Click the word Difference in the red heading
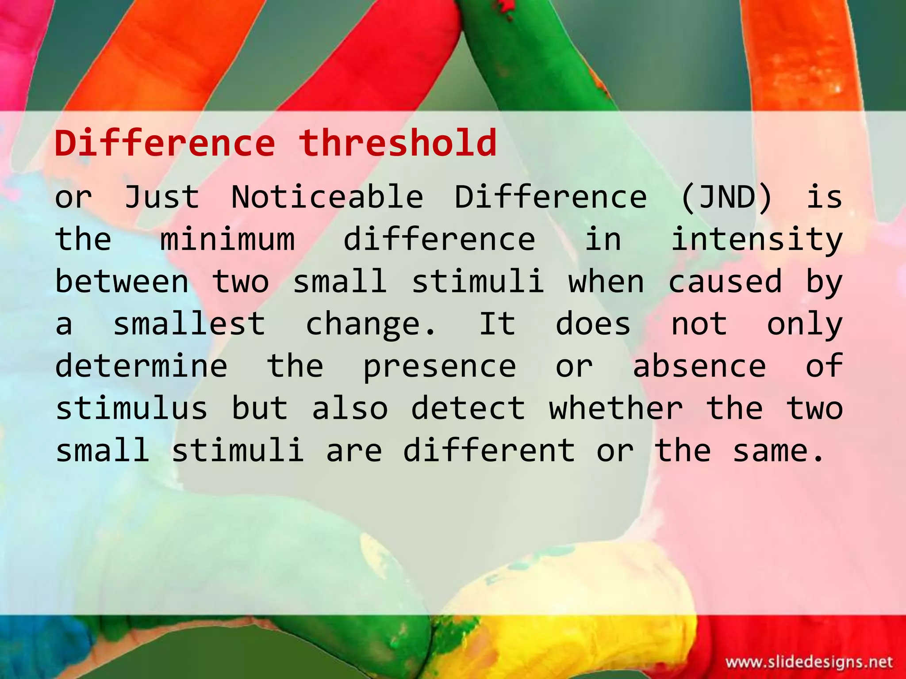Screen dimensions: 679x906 (165, 143)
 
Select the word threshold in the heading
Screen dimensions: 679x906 (397, 143)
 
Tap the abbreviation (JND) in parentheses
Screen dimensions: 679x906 (726, 197)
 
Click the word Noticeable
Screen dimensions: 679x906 (327, 197)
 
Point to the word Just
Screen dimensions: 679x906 (162, 197)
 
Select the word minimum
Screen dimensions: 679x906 (227, 239)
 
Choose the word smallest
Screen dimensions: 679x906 (189, 324)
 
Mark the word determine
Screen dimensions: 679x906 (141, 366)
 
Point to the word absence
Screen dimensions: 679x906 (699, 366)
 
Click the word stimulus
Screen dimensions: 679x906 (131, 408)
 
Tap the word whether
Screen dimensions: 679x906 (616, 408)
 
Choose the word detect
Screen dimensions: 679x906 (468, 408)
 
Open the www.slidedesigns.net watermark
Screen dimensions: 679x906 (809, 662)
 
